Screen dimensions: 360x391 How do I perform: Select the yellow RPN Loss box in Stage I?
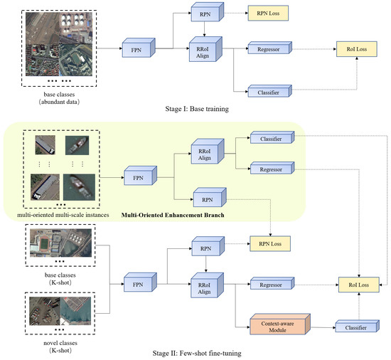click(267, 14)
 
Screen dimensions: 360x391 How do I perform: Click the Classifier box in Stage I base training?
click(264, 92)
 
